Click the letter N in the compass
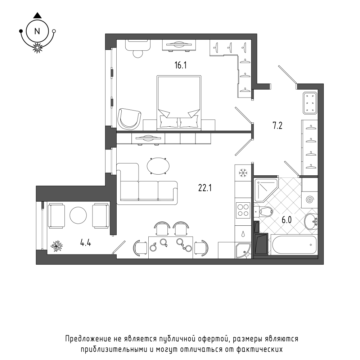[37, 31]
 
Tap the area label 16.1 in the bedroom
[180, 66]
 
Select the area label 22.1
[205, 188]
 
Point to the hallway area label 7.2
[277, 126]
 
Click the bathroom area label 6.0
[287, 220]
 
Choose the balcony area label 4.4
[85, 243]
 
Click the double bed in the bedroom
[179, 103]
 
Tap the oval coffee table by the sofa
[158, 166]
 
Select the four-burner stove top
[243, 210]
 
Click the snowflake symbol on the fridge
[242, 173]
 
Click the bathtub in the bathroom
[294, 245]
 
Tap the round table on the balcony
[78, 215]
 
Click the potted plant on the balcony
[57, 246]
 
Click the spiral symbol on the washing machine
[310, 200]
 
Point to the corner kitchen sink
[243, 250]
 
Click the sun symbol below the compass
[37, 48]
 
